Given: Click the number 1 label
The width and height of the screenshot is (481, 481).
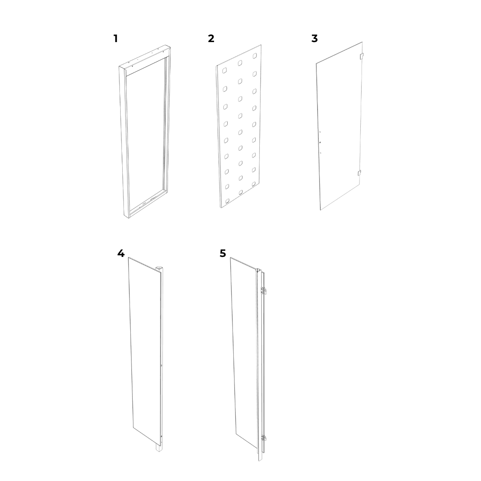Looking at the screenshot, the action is click(x=115, y=39).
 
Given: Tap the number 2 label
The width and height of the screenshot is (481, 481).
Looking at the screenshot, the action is click(x=211, y=39).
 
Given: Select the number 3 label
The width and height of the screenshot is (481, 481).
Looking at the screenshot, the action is click(x=315, y=39).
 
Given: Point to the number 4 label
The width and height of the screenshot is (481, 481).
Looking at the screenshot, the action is click(x=121, y=254).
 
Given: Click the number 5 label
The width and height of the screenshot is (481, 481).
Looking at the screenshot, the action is click(x=222, y=254).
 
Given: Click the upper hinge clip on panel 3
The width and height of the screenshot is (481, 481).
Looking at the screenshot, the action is click(x=362, y=57).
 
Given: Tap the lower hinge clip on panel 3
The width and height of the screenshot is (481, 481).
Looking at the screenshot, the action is click(x=359, y=173).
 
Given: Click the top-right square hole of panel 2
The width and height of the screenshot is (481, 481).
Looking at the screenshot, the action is click(x=255, y=56).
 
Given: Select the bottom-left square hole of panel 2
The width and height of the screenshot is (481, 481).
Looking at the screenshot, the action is click(x=227, y=201).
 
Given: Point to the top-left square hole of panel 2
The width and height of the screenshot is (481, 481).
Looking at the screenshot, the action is click(x=224, y=71).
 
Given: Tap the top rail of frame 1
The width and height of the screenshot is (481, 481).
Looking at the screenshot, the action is click(x=145, y=60).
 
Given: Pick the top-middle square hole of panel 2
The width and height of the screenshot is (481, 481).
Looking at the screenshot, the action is click(x=240, y=63).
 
